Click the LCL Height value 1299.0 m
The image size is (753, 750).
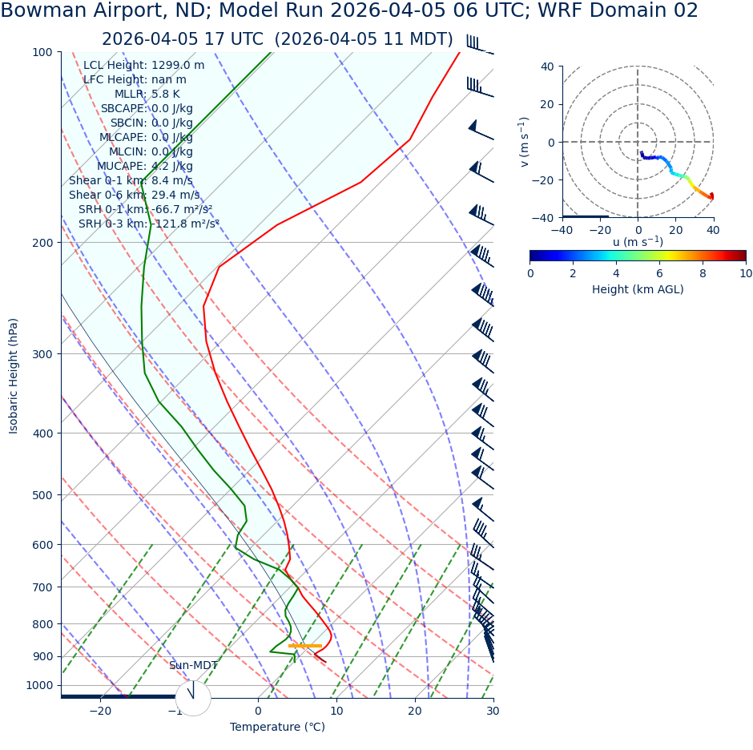(x=178, y=66)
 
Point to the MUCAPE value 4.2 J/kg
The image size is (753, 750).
(x=172, y=167)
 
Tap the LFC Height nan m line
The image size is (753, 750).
(x=135, y=80)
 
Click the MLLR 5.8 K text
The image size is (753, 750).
(x=147, y=95)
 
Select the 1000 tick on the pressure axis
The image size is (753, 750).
(x=38, y=686)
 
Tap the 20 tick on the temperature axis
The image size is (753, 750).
(x=415, y=712)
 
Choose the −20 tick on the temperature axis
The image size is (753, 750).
(x=100, y=712)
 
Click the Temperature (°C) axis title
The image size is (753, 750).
(x=277, y=728)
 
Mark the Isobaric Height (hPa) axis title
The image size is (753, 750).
(x=14, y=376)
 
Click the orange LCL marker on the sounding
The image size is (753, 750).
(x=304, y=645)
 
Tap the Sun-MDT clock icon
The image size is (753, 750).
(x=193, y=698)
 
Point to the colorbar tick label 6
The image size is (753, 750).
(x=659, y=273)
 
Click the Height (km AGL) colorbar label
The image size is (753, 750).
(x=638, y=289)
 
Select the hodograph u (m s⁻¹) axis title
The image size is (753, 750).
(x=638, y=242)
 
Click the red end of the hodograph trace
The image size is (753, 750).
(x=711, y=196)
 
